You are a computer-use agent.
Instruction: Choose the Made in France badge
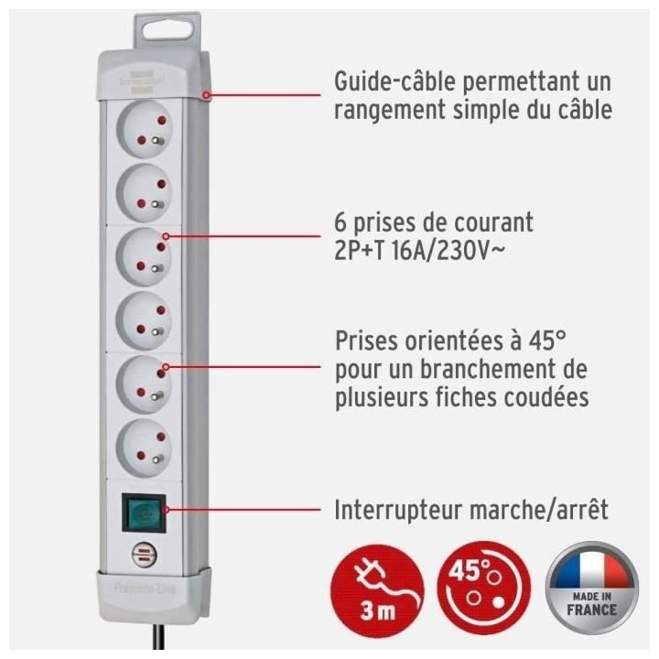pyautogui.click(x=592, y=579)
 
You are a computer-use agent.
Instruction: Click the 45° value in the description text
pyautogui.click(x=546, y=341)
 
